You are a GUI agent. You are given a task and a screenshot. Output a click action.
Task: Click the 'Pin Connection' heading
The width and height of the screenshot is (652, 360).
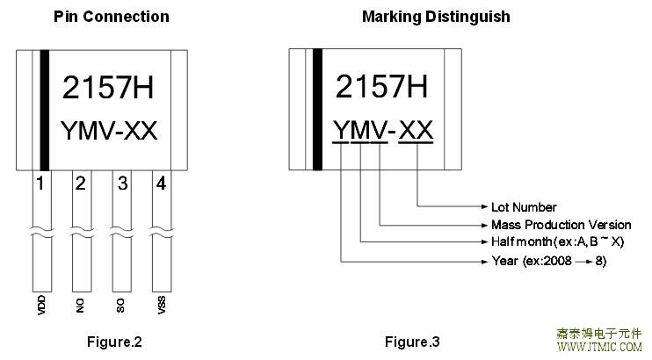(x=112, y=17)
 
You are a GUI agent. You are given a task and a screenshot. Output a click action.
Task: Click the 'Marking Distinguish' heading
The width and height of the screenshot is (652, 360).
(x=436, y=17)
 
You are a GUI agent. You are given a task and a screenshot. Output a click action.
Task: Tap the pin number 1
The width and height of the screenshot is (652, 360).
(x=40, y=183)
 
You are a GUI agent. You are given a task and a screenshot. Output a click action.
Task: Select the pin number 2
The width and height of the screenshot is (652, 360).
(x=80, y=183)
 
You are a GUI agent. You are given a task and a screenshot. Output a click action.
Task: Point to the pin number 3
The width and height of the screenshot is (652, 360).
(x=122, y=183)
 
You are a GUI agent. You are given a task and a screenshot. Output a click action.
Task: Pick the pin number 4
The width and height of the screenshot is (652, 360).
(x=161, y=183)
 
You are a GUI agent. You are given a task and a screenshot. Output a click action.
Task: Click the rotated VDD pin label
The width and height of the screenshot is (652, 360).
(x=41, y=305)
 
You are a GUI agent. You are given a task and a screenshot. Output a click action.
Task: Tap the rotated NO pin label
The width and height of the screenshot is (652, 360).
(x=80, y=306)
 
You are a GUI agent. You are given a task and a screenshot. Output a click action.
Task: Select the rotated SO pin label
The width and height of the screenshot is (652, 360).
(x=120, y=306)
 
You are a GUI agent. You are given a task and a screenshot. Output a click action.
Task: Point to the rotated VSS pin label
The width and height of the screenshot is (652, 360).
(x=162, y=305)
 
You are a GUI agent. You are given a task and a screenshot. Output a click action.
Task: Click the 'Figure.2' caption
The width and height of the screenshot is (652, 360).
(x=114, y=342)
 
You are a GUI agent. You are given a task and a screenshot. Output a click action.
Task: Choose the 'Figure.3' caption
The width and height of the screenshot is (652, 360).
(x=412, y=342)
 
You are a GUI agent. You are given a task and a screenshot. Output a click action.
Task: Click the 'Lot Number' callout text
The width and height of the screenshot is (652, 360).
(x=524, y=207)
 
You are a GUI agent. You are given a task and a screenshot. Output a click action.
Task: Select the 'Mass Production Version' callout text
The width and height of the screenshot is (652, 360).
(x=561, y=225)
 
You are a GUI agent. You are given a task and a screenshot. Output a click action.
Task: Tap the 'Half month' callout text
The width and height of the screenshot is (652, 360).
(x=521, y=241)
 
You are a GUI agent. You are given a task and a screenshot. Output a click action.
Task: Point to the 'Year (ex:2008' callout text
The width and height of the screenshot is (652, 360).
(x=532, y=261)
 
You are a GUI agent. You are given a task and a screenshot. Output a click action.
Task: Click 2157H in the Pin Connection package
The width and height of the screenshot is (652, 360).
(x=108, y=87)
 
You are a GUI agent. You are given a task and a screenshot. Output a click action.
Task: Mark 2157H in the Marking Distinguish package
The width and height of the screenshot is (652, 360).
(x=381, y=86)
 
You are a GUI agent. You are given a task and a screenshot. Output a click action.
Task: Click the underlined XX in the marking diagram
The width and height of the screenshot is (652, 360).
(x=416, y=130)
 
